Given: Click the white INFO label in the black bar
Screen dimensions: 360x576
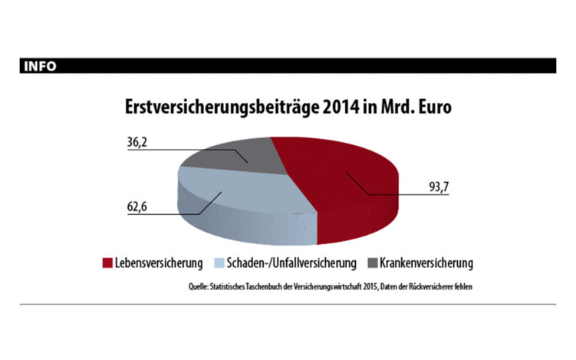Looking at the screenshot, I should pyautogui.click(x=40, y=66).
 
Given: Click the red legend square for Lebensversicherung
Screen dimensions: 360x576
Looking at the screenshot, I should pyautogui.click(x=107, y=263).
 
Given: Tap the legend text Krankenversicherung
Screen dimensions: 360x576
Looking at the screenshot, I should pyautogui.click(x=425, y=263).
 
